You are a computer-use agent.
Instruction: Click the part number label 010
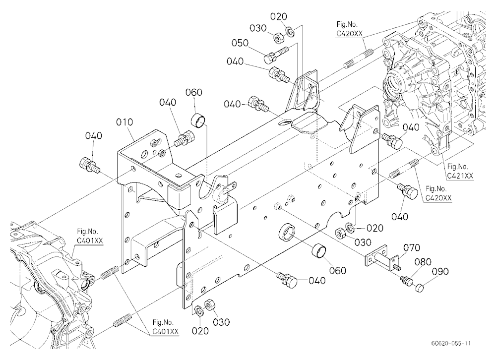(x=124, y=122)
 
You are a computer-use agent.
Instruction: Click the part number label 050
(x=240, y=43)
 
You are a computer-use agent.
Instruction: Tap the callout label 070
(x=412, y=247)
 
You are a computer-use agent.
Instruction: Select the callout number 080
(x=423, y=262)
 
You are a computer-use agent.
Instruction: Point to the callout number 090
(x=440, y=271)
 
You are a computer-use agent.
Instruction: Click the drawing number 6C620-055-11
(x=450, y=344)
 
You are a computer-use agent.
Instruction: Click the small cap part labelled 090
(x=419, y=288)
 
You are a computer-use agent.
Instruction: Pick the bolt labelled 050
(x=276, y=54)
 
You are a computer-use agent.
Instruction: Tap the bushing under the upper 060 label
(x=198, y=122)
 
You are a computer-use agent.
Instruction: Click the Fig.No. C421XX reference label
(x=460, y=171)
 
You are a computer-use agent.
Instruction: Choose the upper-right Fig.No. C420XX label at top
(x=349, y=29)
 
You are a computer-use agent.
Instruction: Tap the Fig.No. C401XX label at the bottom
(x=165, y=327)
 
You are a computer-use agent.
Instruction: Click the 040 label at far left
(x=94, y=136)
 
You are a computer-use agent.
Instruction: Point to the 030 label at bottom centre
(x=221, y=322)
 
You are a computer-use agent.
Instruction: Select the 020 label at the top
(x=278, y=16)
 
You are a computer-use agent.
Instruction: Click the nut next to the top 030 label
(x=278, y=39)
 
